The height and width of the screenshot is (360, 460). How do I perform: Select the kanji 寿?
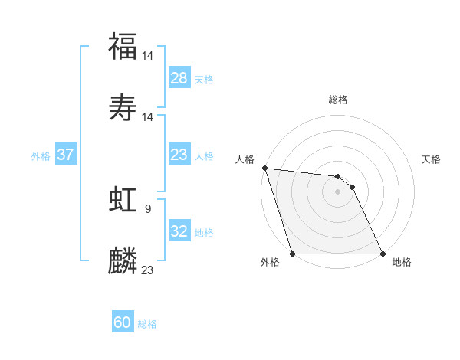123,108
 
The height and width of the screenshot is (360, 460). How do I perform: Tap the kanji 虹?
123,200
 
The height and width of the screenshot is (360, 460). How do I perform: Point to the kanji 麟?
123,261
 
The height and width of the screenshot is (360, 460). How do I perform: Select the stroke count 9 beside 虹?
148,208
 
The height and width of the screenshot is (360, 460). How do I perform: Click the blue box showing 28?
179,78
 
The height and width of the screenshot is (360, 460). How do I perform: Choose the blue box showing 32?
179,231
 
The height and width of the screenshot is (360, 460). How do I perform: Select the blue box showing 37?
66,155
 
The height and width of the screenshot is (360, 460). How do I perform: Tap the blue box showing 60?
123,322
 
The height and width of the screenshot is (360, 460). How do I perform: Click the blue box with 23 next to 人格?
179,155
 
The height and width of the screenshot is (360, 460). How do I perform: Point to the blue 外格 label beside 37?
41,156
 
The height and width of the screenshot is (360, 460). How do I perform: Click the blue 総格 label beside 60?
147,324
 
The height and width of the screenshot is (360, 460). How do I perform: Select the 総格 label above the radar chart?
338,100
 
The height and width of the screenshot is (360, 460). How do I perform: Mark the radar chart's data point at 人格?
264,169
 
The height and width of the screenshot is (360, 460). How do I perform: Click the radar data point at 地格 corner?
382,254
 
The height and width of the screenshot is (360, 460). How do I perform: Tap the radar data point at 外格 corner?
293,254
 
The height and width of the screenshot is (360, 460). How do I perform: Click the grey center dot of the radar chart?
337,191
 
